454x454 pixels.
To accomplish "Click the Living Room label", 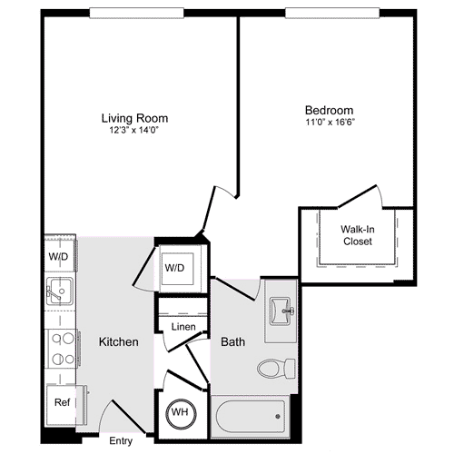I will (134, 117).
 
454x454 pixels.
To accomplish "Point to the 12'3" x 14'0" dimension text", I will (134, 130).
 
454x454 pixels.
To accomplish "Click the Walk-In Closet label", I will (356, 235).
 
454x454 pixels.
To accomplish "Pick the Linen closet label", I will (183, 326).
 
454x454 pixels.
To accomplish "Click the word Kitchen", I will (118, 342).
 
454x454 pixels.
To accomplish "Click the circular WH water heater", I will (180, 412).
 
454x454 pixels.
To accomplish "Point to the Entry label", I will (121, 441).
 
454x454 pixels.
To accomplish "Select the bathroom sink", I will (282, 311).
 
